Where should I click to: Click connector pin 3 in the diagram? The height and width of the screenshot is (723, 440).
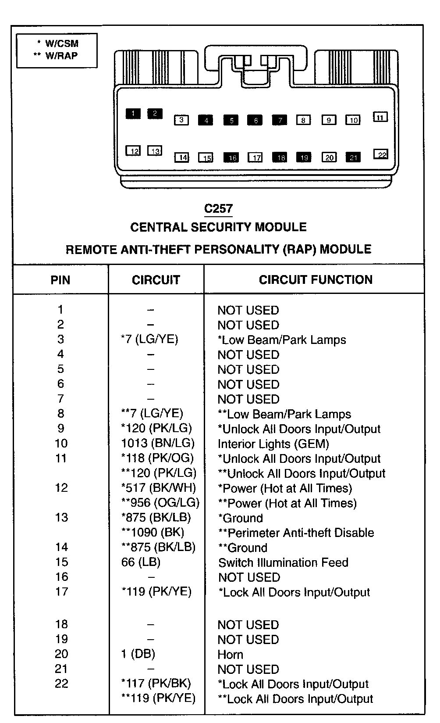click(x=181, y=120)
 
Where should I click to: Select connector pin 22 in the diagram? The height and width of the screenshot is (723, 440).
click(x=381, y=154)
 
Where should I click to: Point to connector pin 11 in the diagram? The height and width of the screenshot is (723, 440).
click(x=380, y=117)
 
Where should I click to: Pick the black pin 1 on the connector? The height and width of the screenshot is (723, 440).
click(x=133, y=114)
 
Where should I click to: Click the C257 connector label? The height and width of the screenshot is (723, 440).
click(x=218, y=209)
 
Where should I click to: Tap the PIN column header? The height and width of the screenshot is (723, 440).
click(x=60, y=280)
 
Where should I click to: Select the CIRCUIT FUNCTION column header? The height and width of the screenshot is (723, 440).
click(x=316, y=279)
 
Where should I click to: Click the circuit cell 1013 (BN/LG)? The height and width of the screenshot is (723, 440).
click(x=158, y=444)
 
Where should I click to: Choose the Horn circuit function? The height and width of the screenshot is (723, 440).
click(x=230, y=655)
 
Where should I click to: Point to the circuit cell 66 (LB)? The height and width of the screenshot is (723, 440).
click(x=141, y=562)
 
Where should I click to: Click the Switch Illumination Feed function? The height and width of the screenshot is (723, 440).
click(x=283, y=562)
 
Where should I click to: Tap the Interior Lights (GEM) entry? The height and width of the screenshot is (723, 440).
click(x=273, y=444)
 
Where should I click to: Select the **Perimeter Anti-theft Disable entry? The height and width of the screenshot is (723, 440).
click(x=296, y=533)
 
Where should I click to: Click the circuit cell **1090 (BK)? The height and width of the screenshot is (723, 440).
click(x=153, y=533)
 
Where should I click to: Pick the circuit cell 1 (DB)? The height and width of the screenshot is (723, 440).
click(x=138, y=654)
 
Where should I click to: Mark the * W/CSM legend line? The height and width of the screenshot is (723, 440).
click(x=58, y=43)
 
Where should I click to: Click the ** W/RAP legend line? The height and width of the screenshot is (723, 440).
click(x=56, y=56)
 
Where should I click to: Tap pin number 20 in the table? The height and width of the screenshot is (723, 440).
click(x=61, y=654)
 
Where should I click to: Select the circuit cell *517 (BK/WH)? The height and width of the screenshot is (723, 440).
click(x=158, y=488)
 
